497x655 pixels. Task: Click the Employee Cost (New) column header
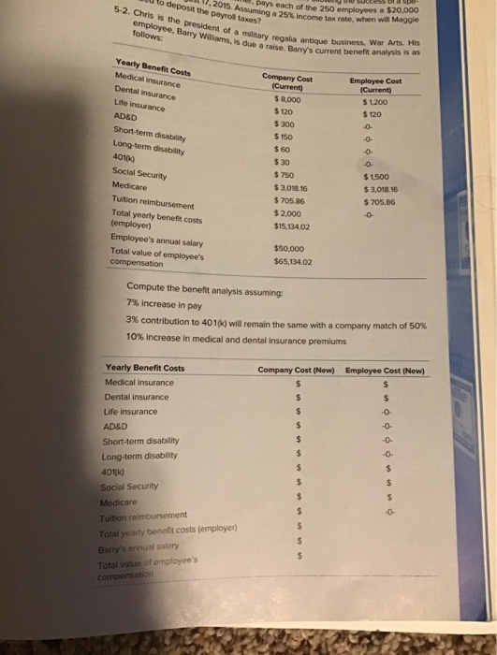(386, 369)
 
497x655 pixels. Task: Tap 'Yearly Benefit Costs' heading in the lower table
(145, 368)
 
